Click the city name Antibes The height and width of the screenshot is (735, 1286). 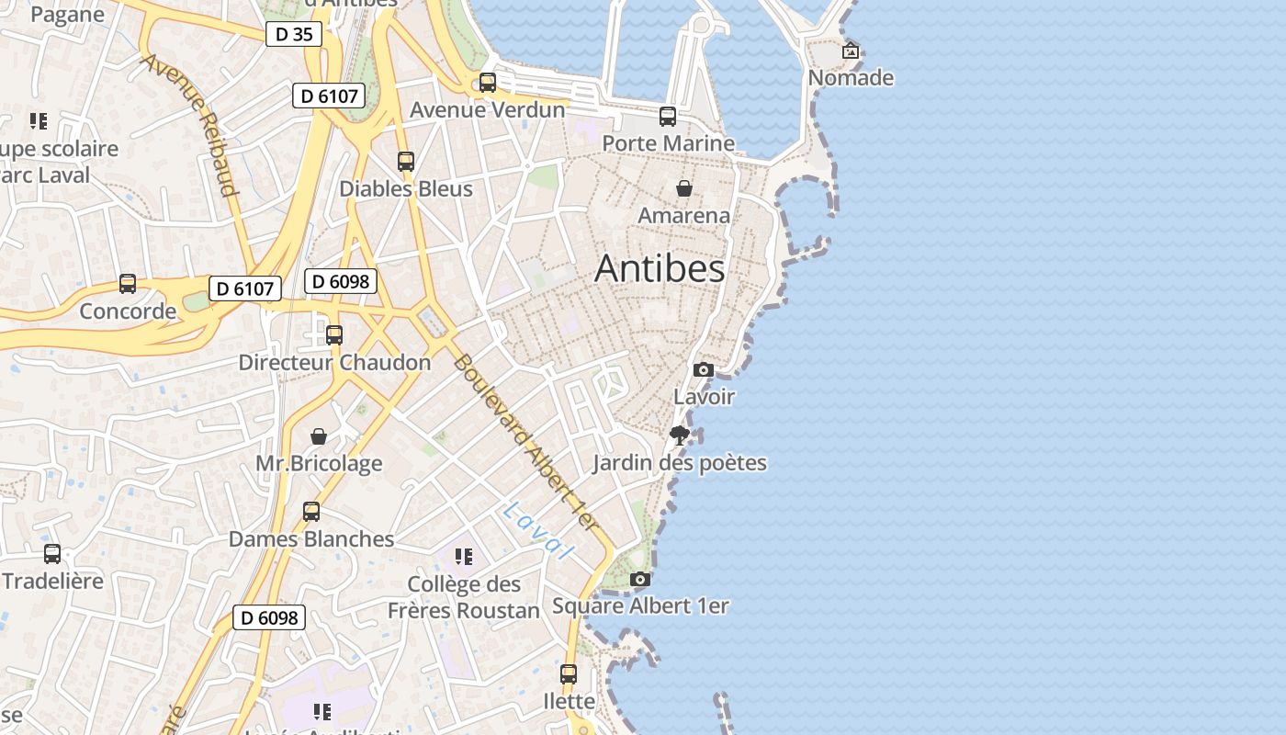660,268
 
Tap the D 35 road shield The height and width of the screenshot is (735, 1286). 294,35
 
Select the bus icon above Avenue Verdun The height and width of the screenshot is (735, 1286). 488,83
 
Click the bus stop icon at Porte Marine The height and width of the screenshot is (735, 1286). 668,117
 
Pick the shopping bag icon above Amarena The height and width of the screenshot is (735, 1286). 684,188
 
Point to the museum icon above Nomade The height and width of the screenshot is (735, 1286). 851,51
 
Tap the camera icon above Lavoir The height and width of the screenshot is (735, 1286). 704,369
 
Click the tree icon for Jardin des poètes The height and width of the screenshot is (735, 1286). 680,435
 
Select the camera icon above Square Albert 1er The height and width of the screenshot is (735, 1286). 640,579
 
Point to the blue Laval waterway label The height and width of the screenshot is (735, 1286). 537,531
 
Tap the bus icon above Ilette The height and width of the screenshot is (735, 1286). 569,674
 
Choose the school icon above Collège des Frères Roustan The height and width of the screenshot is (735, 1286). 464,557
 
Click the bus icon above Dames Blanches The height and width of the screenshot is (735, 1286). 311,512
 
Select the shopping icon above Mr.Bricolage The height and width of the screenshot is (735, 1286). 319,435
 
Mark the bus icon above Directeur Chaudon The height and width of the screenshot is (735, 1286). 334,335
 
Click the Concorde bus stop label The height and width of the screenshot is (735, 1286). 128,311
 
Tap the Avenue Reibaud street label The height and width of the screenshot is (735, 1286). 190,124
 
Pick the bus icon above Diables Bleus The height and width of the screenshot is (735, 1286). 406,162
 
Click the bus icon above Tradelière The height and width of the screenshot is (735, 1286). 52,554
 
